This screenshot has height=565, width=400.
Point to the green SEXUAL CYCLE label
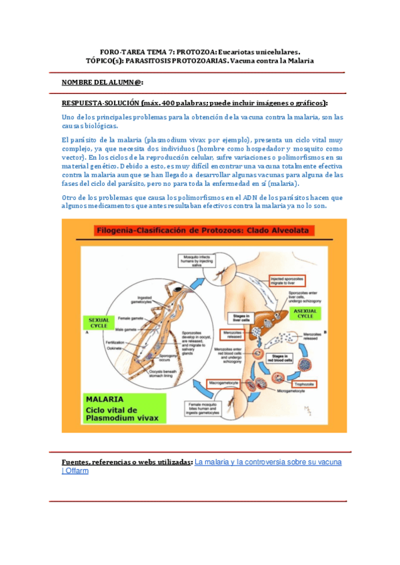(99, 322)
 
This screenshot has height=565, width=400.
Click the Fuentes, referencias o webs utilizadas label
(127, 462)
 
